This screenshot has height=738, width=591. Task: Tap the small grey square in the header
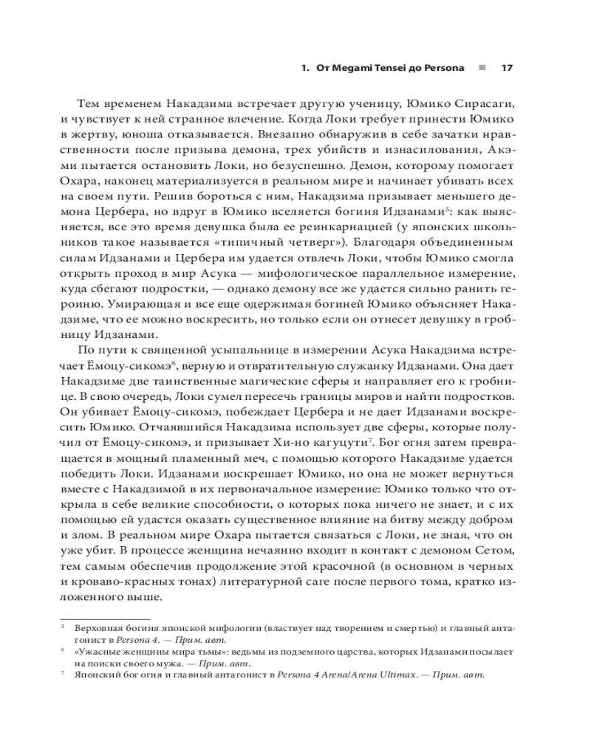point(482,68)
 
